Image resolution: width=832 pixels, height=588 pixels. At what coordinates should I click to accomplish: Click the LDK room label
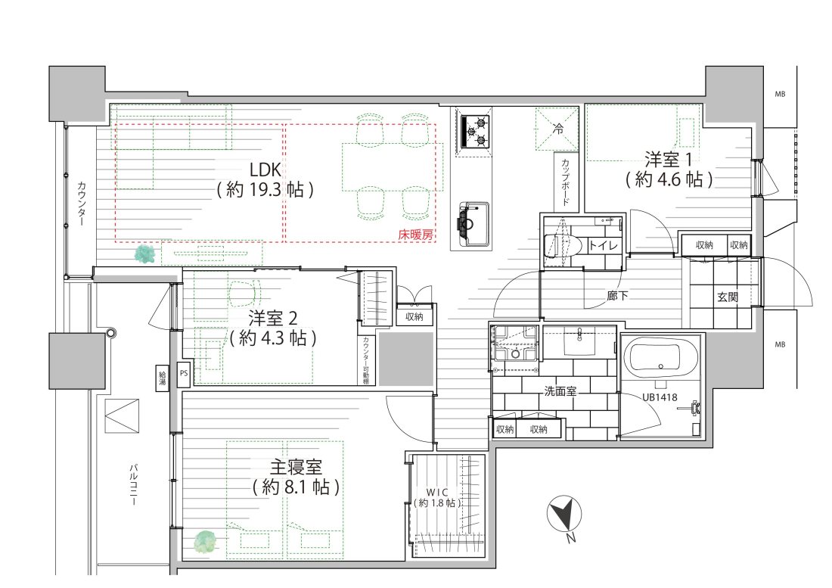(265, 179)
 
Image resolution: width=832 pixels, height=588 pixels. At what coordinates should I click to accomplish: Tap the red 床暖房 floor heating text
(415, 235)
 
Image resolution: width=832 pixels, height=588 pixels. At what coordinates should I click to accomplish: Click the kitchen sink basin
(473, 223)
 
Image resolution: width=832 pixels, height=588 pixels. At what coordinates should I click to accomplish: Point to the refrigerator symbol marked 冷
(557, 129)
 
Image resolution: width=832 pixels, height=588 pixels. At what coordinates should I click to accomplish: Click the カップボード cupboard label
(565, 182)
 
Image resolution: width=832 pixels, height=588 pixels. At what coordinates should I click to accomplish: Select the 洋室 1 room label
(669, 170)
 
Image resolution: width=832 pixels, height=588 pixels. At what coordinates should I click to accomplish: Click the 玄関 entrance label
(728, 297)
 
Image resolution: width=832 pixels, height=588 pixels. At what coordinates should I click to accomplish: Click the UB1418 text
(660, 397)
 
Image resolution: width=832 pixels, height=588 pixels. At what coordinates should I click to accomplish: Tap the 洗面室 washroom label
(560, 391)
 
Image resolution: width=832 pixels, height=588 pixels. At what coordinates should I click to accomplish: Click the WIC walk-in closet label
(437, 497)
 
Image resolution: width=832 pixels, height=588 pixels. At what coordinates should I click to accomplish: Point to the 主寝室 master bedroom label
(296, 477)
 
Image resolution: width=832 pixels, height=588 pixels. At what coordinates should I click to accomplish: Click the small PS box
(184, 373)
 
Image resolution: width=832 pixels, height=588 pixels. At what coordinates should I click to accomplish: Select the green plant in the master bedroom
(205, 543)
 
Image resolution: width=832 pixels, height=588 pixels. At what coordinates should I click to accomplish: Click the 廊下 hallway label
(618, 296)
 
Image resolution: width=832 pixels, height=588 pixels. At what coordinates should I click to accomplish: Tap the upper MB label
(780, 95)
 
